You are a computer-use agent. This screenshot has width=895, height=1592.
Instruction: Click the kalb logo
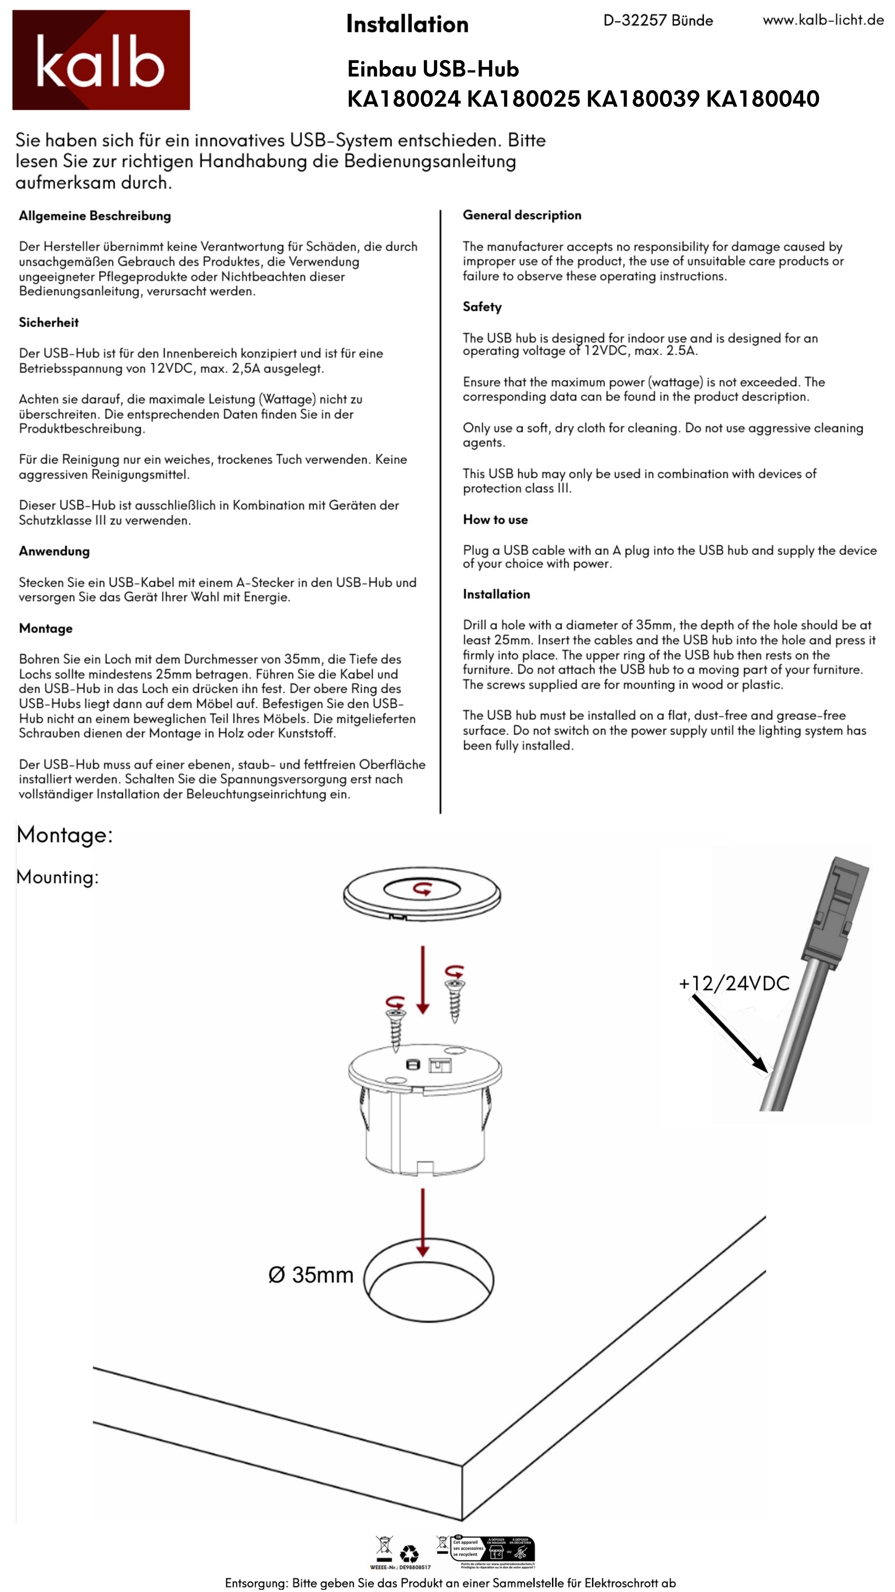(x=101, y=60)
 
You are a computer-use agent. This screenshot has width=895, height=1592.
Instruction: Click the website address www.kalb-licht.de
(x=823, y=21)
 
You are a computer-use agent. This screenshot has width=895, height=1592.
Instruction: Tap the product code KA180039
(x=642, y=99)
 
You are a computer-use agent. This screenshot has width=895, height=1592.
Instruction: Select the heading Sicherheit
(x=49, y=323)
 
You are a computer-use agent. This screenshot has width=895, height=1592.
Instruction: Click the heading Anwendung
(x=54, y=551)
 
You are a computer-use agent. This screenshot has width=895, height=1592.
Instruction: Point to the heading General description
(x=522, y=215)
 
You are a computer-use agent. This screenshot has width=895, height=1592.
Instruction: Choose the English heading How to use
(x=496, y=520)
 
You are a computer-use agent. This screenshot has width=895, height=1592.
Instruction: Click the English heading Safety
(x=482, y=307)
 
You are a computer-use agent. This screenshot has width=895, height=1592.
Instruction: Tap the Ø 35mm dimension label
(x=311, y=1275)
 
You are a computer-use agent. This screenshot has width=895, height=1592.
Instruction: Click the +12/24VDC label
(x=734, y=983)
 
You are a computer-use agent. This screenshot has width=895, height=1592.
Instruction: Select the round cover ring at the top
(x=422, y=894)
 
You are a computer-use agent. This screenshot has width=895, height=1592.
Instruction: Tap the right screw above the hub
(x=454, y=996)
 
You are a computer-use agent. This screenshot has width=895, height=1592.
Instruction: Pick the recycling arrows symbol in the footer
(x=409, y=1554)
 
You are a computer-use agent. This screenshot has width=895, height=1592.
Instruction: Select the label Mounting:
(x=57, y=877)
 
